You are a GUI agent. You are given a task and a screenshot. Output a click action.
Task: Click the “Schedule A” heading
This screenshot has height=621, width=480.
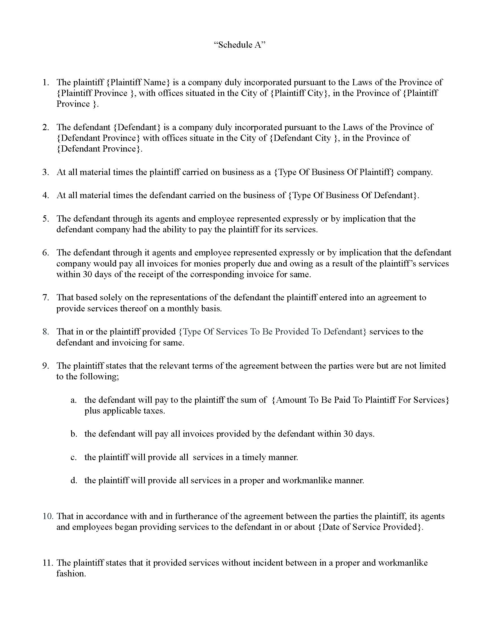pos(239,45)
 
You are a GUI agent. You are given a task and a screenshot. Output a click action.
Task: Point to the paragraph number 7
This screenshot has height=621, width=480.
pos(46,298)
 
